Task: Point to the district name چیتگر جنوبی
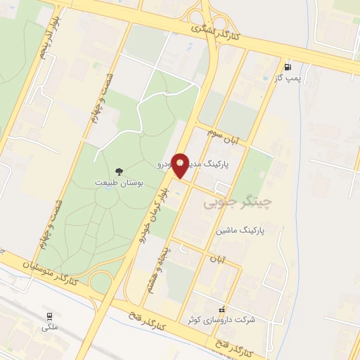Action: click(x=237, y=203)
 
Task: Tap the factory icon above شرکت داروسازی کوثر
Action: click(x=223, y=309)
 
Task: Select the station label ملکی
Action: click(x=49, y=326)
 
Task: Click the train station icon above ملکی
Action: click(x=49, y=316)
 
